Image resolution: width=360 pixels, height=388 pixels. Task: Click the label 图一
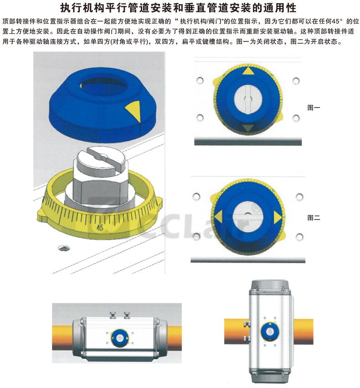coord(314,107)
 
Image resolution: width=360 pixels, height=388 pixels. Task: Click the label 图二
coord(314,218)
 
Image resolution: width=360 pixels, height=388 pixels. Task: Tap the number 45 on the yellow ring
coord(100,227)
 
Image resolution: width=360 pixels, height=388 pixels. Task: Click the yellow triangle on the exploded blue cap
coord(133,111)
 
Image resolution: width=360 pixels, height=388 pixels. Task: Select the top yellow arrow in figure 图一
coord(248,71)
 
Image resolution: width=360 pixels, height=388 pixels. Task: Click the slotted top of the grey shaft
coord(102,158)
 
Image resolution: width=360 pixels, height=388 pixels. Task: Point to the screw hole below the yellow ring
coord(64,248)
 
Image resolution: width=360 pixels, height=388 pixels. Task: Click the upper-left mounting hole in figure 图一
coord(200,81)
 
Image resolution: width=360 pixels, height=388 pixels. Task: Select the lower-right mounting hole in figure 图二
coord(299,237)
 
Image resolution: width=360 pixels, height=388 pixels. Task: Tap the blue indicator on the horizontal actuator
coord(120,338)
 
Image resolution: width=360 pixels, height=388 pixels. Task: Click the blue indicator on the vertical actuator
coord(270,331)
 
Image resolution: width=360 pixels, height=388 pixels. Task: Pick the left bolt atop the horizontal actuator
coord(113,315)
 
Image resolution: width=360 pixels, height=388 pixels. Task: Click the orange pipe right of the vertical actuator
coord(303,332)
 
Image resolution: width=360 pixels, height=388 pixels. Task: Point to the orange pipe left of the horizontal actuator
coord(62,337)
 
